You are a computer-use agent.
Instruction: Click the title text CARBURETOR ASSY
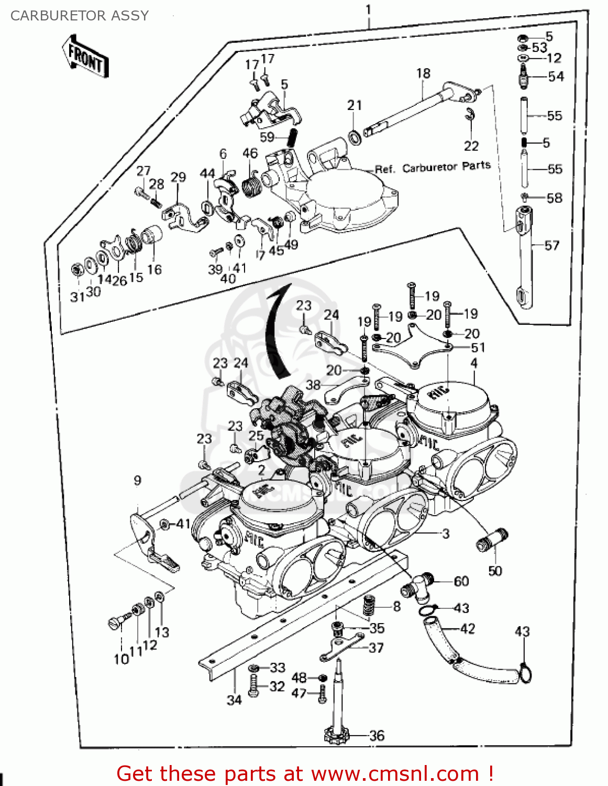(x=80, y=16)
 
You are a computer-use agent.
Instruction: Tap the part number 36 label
(x=377, y=736)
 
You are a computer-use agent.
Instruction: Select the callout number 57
(x=551, y=245)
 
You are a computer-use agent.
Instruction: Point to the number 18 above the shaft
(x=423, y=73)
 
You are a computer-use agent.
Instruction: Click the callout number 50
(x=495, y=571)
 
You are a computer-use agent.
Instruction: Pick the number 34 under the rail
(x=234, y=700)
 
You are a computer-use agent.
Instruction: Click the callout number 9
(x=137, y=481)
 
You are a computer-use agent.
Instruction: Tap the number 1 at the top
(x=369, y=9)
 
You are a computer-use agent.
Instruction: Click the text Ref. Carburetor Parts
(x=433, y=168)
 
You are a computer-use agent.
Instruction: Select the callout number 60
(x=461, y=581)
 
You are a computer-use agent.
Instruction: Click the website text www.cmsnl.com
(x=395, y=774)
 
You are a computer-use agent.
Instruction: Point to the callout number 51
(x=478, y=347)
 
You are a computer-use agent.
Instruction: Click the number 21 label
(x=355, y=105)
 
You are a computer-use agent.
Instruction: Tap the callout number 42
(x=467, y=628)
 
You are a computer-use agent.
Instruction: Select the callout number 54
(x=556, y=77)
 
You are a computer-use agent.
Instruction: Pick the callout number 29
(x=178, y=177)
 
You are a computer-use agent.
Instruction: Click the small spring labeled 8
(x=370, y=606)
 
